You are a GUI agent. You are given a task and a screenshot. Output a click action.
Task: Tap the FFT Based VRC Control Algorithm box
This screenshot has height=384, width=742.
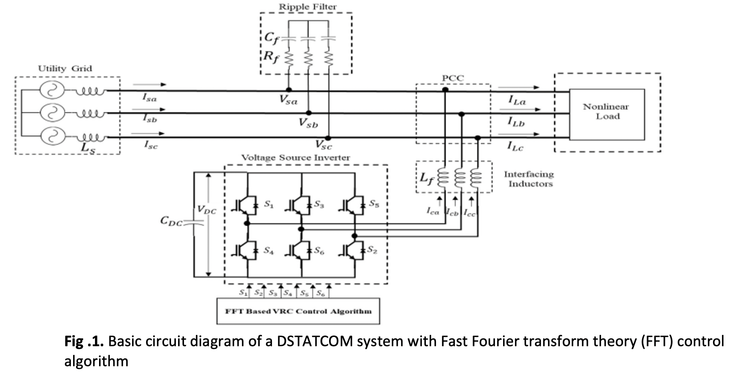pos(298,311)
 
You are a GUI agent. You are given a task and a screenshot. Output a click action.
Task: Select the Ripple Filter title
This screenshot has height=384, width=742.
pos(308,7)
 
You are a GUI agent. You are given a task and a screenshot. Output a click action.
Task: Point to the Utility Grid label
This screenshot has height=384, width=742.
pos(65,69)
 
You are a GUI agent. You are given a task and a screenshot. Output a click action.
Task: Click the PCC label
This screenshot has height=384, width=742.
pos(453,78)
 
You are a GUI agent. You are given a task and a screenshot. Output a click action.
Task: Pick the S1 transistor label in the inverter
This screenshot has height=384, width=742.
pos(269,204)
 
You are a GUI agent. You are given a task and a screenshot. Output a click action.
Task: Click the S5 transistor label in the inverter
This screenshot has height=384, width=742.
pos(374,204)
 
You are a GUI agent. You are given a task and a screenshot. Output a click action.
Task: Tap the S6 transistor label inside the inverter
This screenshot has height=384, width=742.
pos(319,251)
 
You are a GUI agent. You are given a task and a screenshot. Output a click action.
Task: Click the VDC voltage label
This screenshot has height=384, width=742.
pos(206,210)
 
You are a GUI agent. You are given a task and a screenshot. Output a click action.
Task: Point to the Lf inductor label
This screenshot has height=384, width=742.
pos(427,178)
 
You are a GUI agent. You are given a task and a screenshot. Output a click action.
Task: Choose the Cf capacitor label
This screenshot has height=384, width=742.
pos(271,38)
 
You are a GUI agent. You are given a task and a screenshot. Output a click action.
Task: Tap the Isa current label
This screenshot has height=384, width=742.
pos(150,97)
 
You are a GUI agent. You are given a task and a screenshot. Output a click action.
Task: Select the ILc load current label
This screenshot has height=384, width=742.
pos(515,146)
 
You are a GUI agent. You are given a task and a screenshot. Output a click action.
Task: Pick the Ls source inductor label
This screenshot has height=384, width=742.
pos(88,147)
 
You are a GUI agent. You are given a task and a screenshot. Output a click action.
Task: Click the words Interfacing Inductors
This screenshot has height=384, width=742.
pos(529,179)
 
